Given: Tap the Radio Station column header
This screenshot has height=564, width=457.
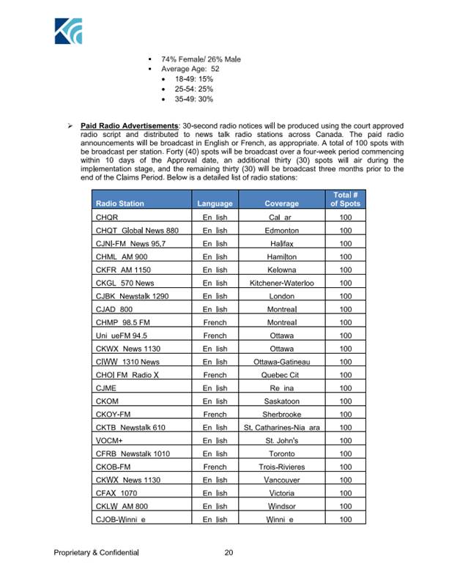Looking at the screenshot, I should coord(119,203).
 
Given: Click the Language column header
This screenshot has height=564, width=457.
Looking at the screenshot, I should coord(215,203).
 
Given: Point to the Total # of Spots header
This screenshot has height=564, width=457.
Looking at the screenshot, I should coord(346,198).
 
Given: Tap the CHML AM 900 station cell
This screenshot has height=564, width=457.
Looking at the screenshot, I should coord(122,256).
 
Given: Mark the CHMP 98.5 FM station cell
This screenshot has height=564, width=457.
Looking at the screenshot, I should coord(124,322).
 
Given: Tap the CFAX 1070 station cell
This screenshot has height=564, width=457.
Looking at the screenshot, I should coord(117,493).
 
